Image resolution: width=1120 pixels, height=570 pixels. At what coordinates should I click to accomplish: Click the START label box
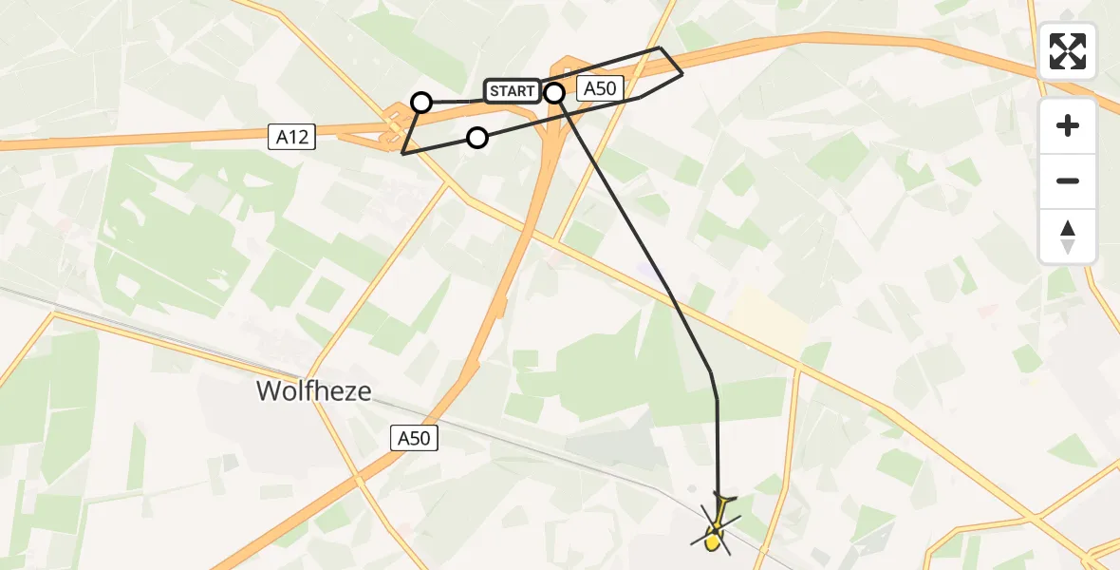click(x=513, y=91)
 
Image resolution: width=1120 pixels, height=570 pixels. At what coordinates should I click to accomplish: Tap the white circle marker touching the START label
click(x=554, y=92)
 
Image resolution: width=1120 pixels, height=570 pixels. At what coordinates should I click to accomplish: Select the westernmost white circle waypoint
click(x=421, y=102)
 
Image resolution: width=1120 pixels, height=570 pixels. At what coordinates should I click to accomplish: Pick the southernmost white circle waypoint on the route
click(x=477, y=138)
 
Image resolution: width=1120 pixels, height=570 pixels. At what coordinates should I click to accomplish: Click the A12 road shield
click(x=291, y=138)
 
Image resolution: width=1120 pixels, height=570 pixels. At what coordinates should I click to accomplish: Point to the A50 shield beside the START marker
click(x=600, y=89)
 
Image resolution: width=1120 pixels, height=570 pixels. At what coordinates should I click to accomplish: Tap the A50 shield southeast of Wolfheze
click(x=414, y=438)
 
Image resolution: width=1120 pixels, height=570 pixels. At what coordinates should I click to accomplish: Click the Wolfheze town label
click(x=313, y=390)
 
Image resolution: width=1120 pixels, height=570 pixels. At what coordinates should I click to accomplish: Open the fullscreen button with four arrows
click(x=1068, y=51)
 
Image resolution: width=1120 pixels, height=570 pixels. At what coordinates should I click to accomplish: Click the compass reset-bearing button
click(x=1068, y=236)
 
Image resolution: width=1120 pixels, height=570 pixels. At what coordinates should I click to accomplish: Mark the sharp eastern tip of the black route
click(x=682, y=73)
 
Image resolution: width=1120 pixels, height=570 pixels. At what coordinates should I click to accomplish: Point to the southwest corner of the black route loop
click(x=403, y=153)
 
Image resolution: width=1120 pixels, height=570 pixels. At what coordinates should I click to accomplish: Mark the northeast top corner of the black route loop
click(x=660, y=47)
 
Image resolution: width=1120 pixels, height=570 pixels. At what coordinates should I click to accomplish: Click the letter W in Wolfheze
click(x=269, y=390)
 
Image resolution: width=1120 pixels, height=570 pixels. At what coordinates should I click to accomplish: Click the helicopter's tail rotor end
click(x=724, y=497)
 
